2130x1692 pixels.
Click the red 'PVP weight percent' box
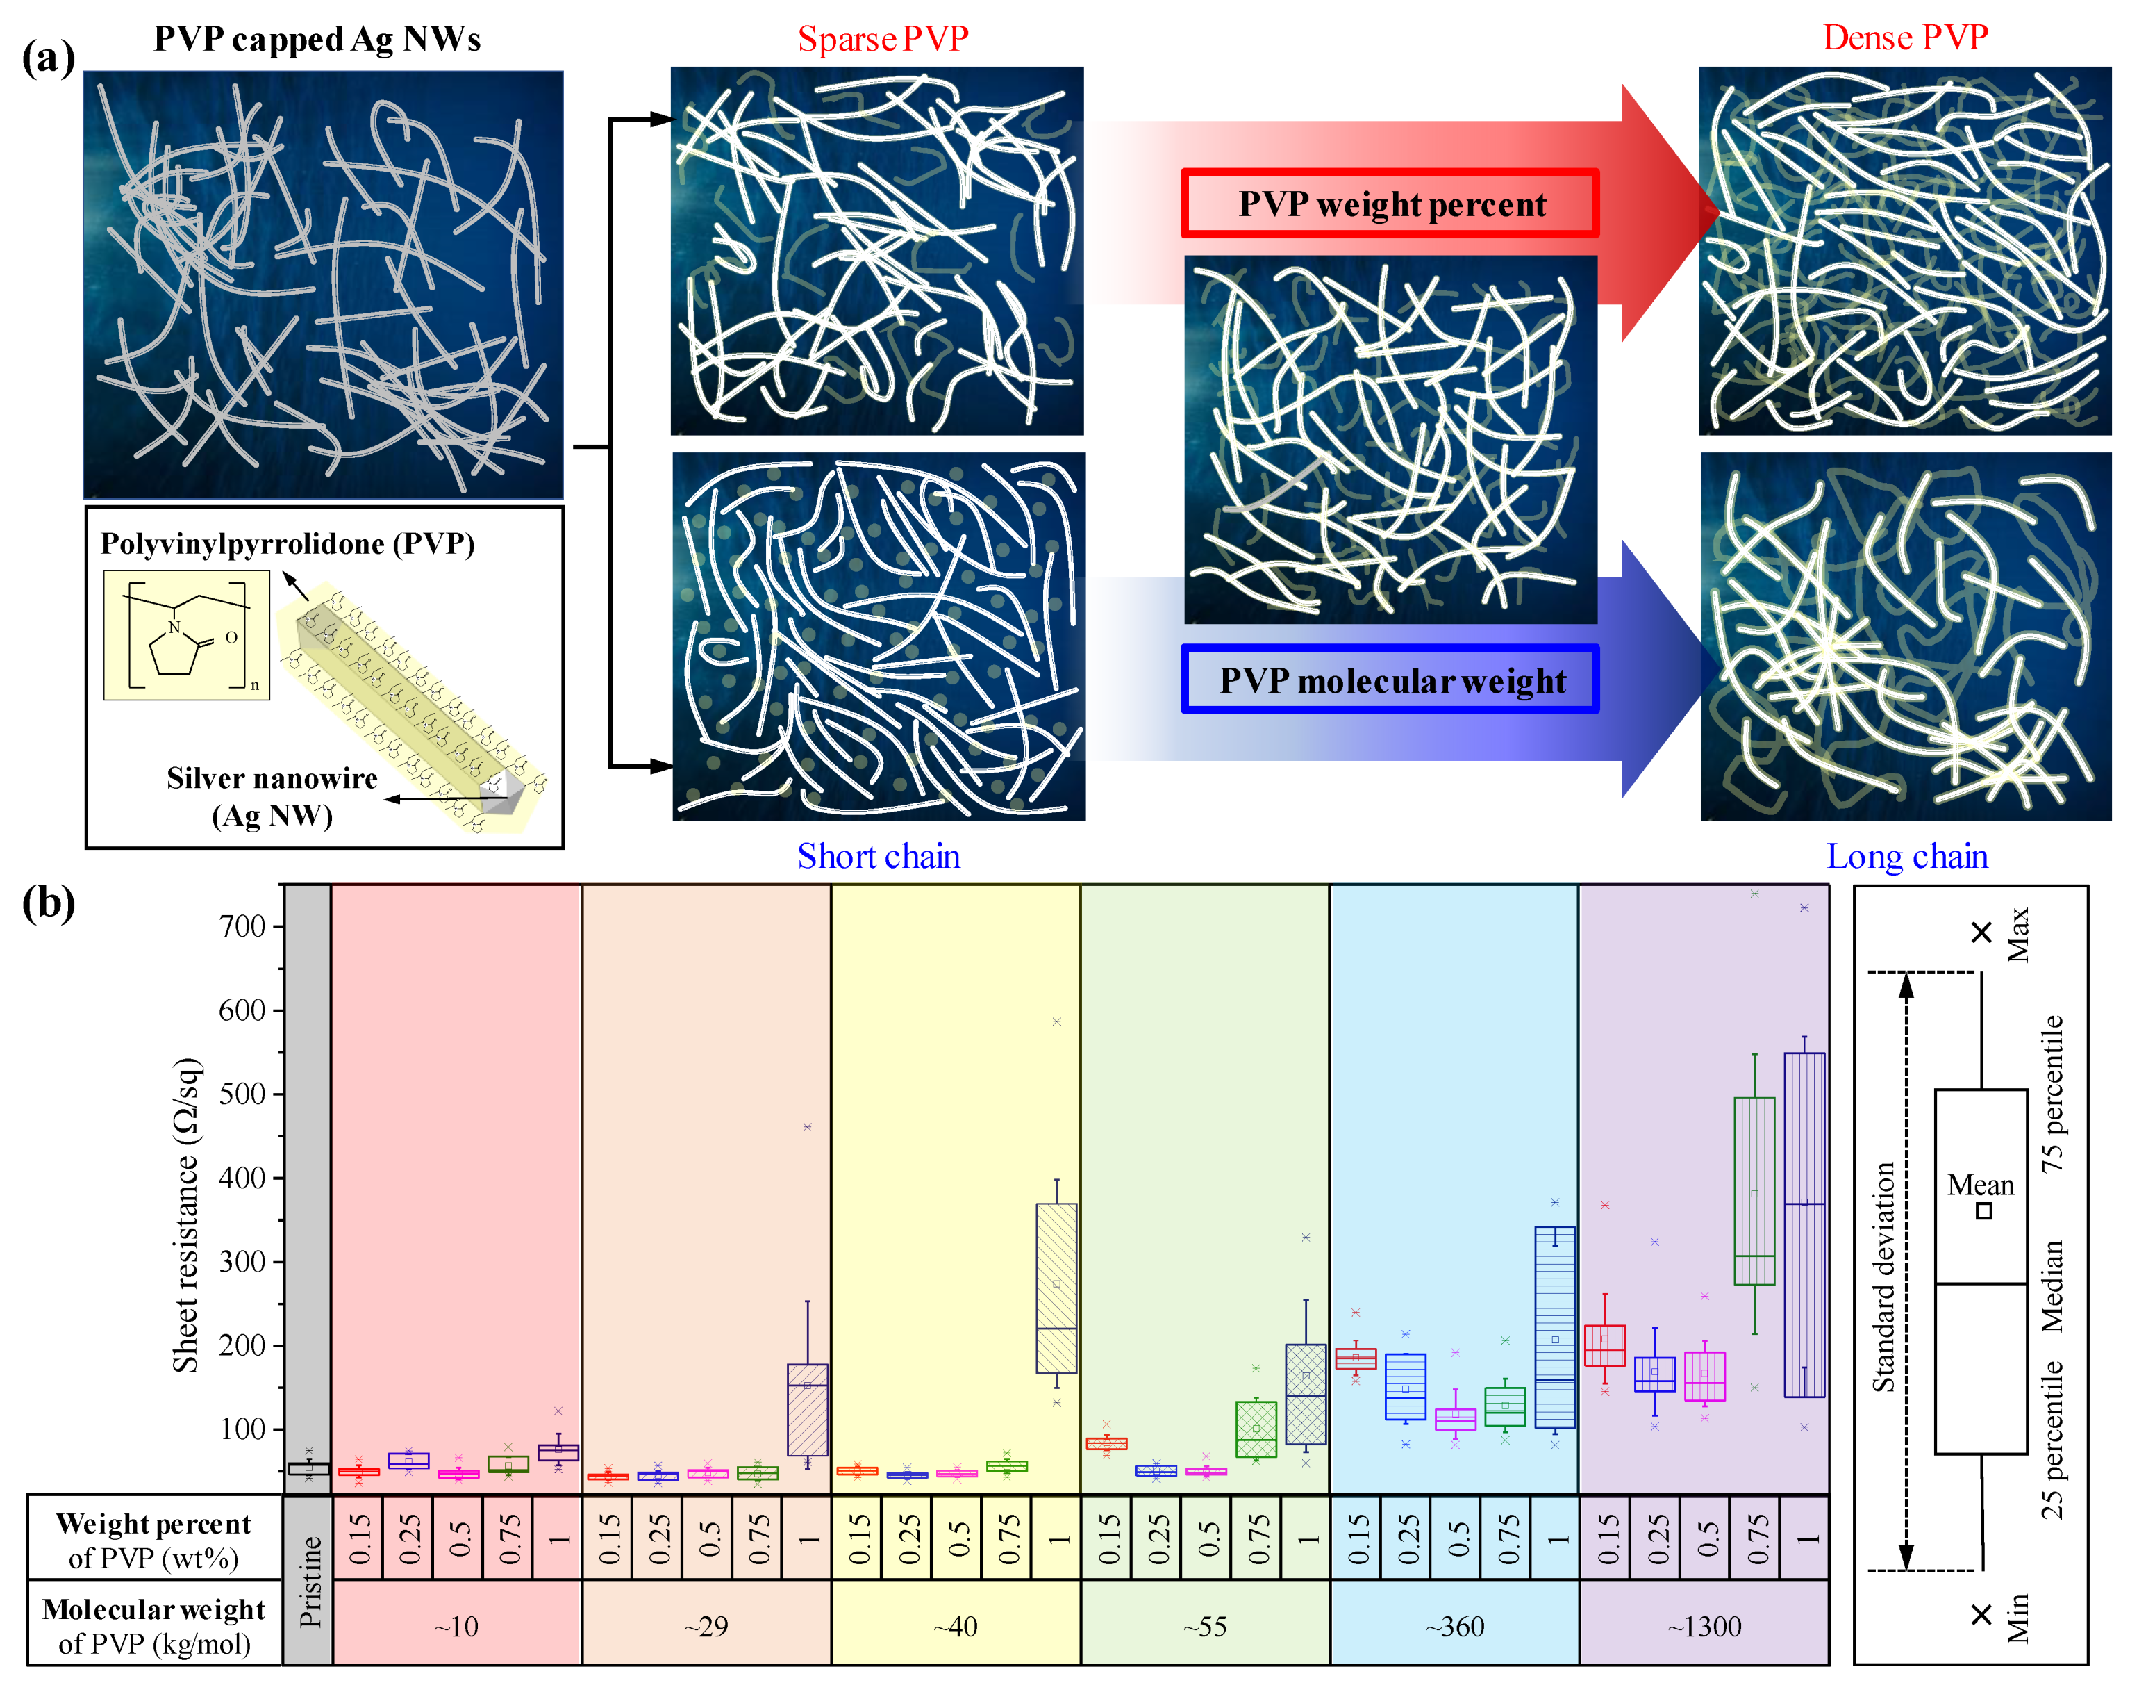[1390, 204]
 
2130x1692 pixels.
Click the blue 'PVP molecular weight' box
[1390, 680]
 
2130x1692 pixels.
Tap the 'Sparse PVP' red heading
[882, 38]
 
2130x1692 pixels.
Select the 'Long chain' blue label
[1907, 856]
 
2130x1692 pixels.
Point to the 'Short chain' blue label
[879, 856]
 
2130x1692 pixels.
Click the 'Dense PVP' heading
[1905, 38]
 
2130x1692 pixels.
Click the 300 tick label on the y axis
[242, 1261]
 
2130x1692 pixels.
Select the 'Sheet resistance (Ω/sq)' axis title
[185, 1215]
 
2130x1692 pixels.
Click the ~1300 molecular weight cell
[1704, 1627]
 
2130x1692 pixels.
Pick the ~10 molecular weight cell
[456, 1627]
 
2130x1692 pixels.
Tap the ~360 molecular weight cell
[1454, 1627]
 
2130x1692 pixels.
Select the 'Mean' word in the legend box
[1980, 1184]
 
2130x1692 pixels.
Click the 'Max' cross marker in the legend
[1981, 932]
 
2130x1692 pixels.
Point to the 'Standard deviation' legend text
[1884, 1276]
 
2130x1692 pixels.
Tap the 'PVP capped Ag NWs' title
[317, 38]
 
